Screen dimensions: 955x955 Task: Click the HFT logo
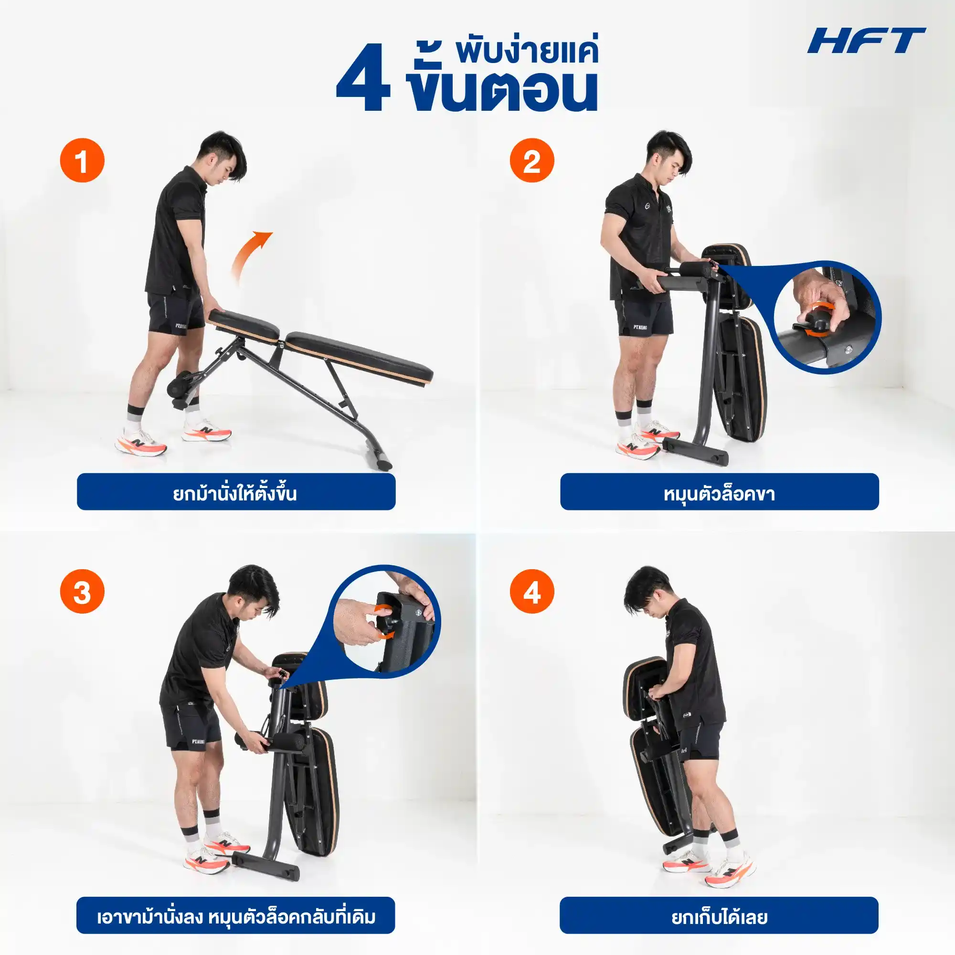[x=866, y=41]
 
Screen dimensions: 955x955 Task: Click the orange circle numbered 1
[x=82, y=160]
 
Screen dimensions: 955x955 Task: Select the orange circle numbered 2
[x=532, y=160]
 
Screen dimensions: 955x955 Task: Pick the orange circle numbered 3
[x=82, y=591]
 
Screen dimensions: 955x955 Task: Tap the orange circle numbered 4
[x=532, y=591]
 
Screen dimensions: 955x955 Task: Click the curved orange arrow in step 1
[x=250, y=257]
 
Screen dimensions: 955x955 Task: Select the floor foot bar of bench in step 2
[x=694, y=450]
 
